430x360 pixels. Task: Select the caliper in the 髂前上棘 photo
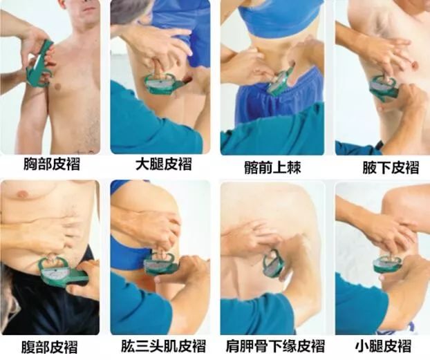(x=281, y=82)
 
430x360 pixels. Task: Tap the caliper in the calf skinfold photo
(x=386, y=263)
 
